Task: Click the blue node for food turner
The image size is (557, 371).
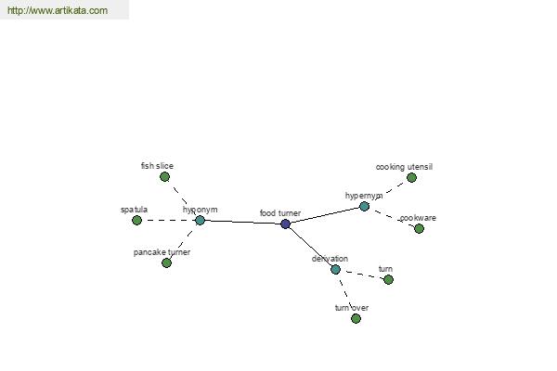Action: coord(285,224)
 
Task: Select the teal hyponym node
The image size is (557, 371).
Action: coord(200,220)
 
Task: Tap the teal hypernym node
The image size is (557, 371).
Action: coord(364,206)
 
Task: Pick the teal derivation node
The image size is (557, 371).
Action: coord(335,269)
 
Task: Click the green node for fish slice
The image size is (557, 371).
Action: coord(164,176)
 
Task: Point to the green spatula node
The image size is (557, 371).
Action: coord(136,220)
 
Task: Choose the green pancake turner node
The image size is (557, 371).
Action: coord(166,262)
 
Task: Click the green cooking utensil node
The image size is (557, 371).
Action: coord(411,177)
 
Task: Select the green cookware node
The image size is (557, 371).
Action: coord(419,228)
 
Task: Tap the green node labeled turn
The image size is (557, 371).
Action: coord(388,279)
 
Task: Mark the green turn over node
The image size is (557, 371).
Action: coord(356,318)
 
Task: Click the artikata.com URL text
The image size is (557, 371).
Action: coord(58,10)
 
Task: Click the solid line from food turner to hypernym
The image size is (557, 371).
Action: coord(325,215)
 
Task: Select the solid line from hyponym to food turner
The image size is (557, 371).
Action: coord(242,223)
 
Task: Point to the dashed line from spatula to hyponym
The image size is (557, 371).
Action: coord(168,220)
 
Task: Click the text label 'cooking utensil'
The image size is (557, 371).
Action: coord(404,167)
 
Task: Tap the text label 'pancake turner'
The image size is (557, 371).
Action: coord(162,252)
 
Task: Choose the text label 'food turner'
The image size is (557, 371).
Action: coord(280,213)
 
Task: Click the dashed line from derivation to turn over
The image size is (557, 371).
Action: coord(345,293)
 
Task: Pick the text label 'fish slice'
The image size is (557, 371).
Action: coord(157,166)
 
